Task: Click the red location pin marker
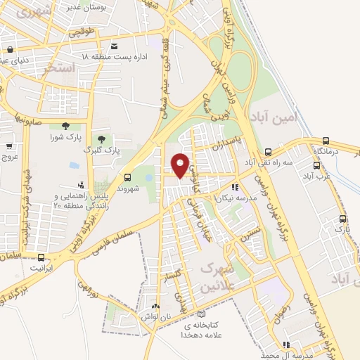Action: click(x=181, y=165)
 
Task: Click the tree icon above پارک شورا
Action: click(x=65, y=126)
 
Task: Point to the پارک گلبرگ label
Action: click(x=102, y=150)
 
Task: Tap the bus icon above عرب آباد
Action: click(x=317, y=167)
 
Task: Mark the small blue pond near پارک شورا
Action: click(x=74, y=166)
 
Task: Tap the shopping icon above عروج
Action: click(x=8, y=147)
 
